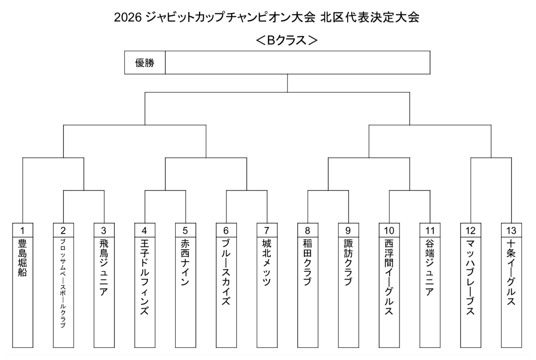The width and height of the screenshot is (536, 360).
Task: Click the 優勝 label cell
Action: [144, 62]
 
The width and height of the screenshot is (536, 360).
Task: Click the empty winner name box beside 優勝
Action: [297, 62]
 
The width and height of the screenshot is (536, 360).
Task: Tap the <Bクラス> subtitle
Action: [287, 41]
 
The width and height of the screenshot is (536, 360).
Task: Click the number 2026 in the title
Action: [128, 17]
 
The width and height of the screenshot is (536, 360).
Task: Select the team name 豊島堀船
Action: [22, 258]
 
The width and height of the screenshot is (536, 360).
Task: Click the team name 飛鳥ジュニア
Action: [104, 267]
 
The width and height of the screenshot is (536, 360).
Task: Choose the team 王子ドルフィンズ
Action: [144, 277]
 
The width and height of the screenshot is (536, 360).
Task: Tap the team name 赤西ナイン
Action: [186, 263]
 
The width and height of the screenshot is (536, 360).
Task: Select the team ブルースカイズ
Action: [226, 272]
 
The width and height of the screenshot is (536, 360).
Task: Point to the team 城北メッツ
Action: [267, 263]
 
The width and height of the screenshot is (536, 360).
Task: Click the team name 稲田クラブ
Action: [308, 263]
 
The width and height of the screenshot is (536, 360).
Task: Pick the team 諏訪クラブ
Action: [348, 263]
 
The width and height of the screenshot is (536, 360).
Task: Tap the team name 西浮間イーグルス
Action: [389, 277]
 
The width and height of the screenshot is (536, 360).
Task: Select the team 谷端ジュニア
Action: [430, 267]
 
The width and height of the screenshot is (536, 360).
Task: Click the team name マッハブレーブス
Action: [470, 277]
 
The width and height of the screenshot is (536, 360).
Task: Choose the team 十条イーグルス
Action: [511, 272]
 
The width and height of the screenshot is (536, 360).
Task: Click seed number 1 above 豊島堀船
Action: [22, 231]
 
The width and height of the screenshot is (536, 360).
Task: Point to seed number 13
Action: [511, 231]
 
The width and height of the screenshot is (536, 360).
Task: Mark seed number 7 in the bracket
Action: [267, 231]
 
